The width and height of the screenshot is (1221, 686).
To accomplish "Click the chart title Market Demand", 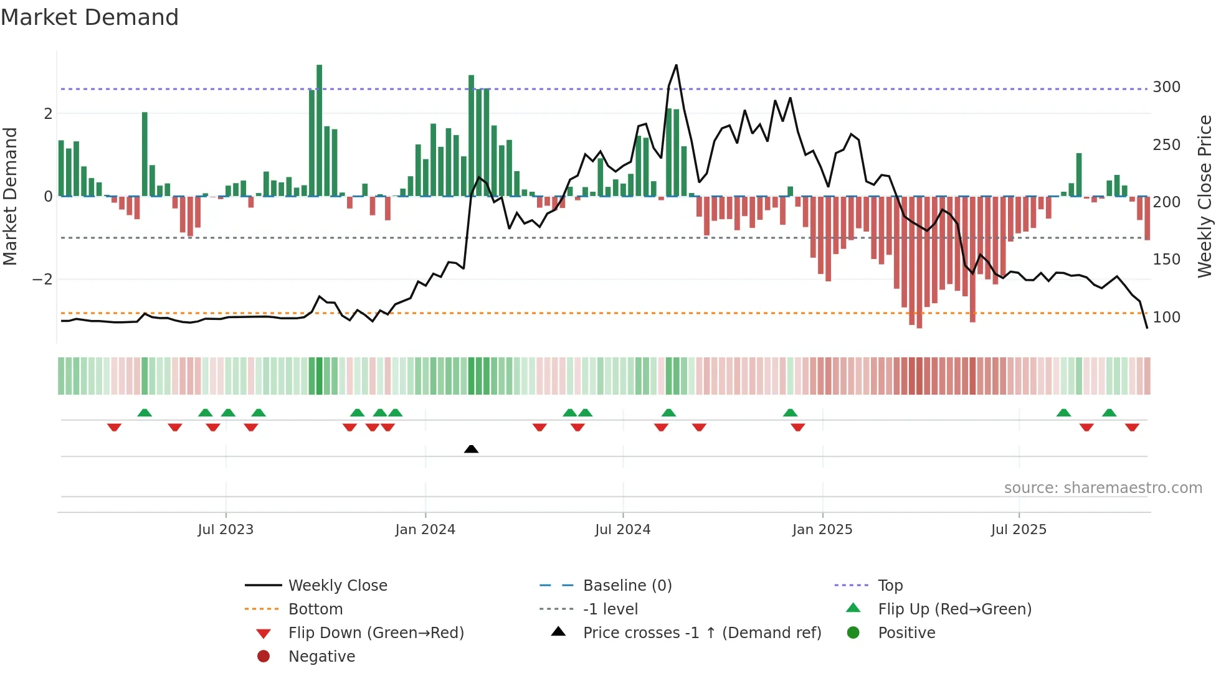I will (x=90, y=17).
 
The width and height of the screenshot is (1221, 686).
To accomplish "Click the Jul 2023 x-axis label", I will (x=226, y=530).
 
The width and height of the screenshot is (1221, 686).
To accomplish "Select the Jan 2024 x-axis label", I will (x=425, y=530).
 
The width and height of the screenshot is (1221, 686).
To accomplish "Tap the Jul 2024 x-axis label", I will (x=622, y=530).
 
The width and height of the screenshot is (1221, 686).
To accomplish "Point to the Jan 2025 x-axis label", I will (x=822, y=530).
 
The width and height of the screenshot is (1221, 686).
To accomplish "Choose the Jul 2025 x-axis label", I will (x=1019, y=530).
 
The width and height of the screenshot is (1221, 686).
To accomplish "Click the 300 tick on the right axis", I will (x=1166, y=87).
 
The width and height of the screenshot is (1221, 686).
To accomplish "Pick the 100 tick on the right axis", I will (x=1166, y=317).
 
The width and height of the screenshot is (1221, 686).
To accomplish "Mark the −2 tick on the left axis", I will (x=42, y=280).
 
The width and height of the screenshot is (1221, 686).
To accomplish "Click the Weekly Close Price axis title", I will (x=1205, y=196).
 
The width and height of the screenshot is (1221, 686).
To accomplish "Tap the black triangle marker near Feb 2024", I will (x=472, y=449).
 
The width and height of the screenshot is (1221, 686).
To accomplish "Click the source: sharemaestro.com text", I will (x=1103, y=488).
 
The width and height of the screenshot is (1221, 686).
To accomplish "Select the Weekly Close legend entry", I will (x=337, y=586).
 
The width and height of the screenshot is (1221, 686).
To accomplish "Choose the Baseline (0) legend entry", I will (x=627, y=586).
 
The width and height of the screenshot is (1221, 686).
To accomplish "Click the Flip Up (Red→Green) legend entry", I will (x=954, y=609).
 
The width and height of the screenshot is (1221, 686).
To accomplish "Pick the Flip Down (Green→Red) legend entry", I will (x=376, y=633).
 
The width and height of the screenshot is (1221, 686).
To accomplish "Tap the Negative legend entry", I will (x=321, y=657).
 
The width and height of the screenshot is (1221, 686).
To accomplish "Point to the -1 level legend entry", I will (x=610, y=609).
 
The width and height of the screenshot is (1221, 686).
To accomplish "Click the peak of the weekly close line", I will (x=676, y=65).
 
